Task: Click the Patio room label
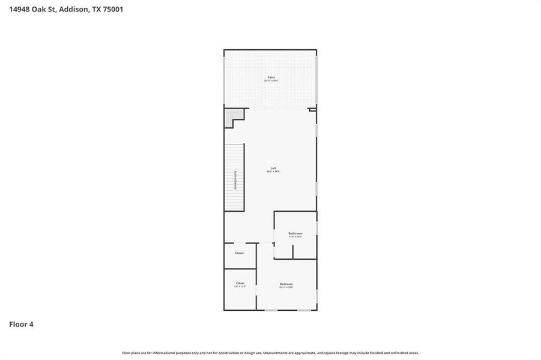pos(271,77)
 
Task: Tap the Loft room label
pos(273,169)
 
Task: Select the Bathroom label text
pos(295,233)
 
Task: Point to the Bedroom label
pos(286,284)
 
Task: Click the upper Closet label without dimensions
pos(240,253)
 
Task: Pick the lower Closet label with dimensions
pos(240,283)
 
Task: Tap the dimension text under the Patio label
pos(271,81)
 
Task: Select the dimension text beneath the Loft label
pos(273,172)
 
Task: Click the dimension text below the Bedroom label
pos(286,287)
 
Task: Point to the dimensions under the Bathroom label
pos(295,236)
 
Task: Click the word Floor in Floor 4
pos(17,325)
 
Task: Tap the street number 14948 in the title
pos(20,10)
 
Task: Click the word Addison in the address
pos(73,10)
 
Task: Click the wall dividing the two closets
pos(240,269)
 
